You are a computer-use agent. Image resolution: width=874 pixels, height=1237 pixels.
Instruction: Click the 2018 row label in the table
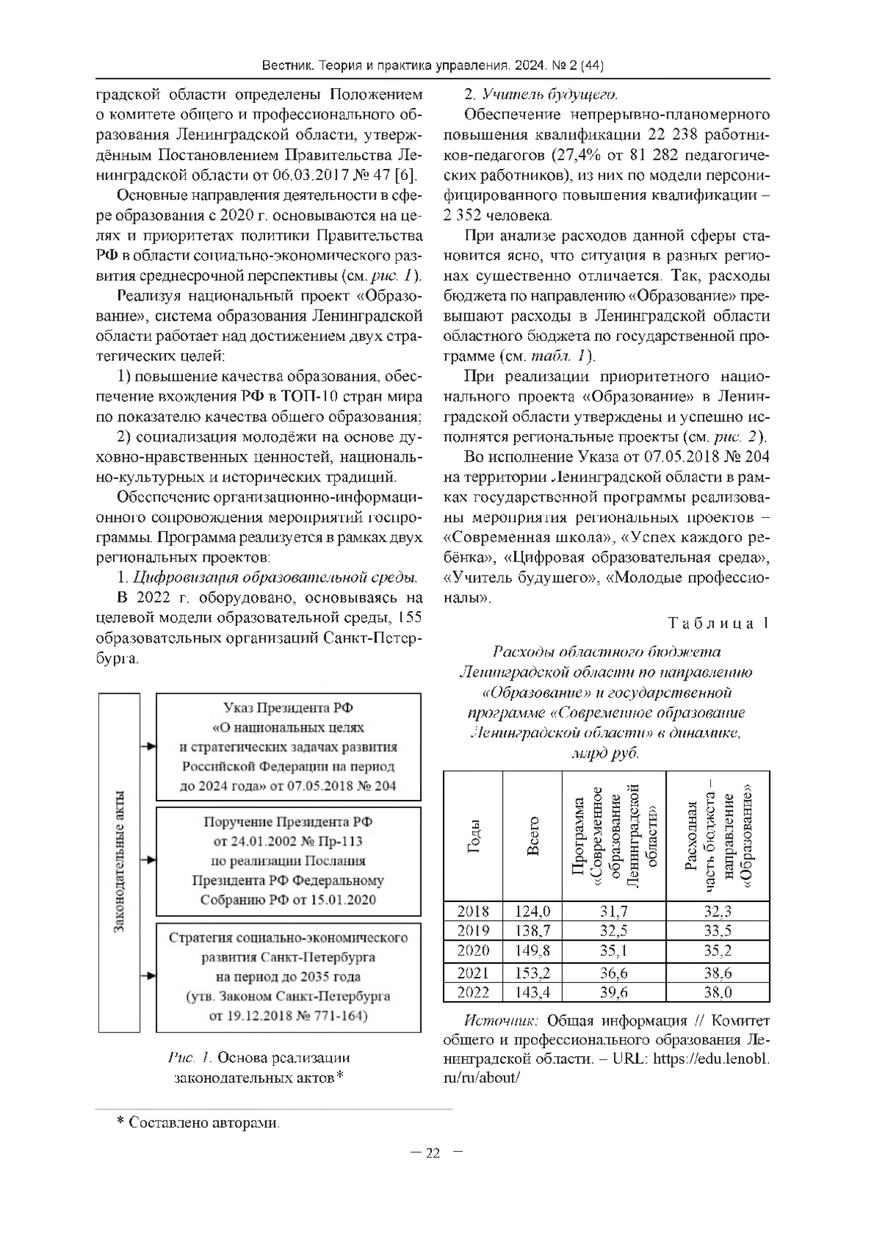[x=473, y=911]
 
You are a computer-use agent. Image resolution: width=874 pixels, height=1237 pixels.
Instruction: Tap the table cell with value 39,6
[x=614, y=992]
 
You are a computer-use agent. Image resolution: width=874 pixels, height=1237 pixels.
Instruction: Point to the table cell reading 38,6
[x=717, y=973]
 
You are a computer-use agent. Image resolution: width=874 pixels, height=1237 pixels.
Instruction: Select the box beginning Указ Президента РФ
[x=288, y=747]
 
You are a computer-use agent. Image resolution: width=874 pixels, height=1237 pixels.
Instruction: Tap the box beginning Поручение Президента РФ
[x=288, y=860]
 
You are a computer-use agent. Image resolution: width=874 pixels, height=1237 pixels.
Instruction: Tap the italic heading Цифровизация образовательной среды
[x=275, y=578]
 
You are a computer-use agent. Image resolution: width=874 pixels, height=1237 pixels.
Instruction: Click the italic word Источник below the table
[x=501, y=1021]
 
